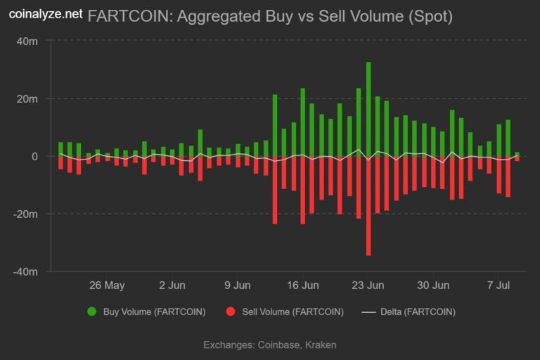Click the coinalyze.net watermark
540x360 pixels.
pyautogui.click(x=45, y=13)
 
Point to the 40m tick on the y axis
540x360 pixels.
pyautogui.click(x=28, y=41)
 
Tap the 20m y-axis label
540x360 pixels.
pyautogui.click(x=28, y=99)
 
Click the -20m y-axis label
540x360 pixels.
pyautogui.click(x=27, y=214)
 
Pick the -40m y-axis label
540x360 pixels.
pyautogui.click(x=27, y=271)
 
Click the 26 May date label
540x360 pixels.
pyautogui.click(x=107, y=285)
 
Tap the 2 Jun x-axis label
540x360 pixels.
pyautogui.click(x=172, y=285)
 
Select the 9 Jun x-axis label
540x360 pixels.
pyautogui.click(x=238, y=285)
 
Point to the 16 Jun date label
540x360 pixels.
pyautogui.click(x=303, y=285)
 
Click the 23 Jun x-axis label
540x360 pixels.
pyautogui.click(x=368, y=285)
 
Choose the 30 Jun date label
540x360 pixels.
pyautogui.click(x=433, y=285)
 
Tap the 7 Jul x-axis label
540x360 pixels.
pyautogui.click(x=498, y=285)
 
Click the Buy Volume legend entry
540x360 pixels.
pyautogui.click(x=146, y=311)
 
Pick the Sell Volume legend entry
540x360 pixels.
pyautogui.click(x=285, y=311)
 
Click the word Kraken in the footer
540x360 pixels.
pyautogui.click(x=320, y=345)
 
